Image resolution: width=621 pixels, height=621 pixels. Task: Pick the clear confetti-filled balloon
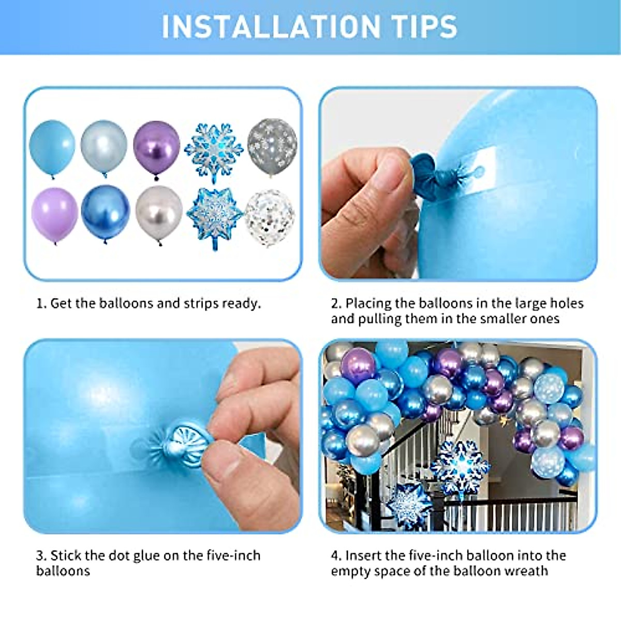[x=269, y=216]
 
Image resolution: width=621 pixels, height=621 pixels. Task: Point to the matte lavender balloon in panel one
[x=54, y=214]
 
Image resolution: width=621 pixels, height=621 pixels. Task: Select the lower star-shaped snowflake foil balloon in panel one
[x=214, y=216]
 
